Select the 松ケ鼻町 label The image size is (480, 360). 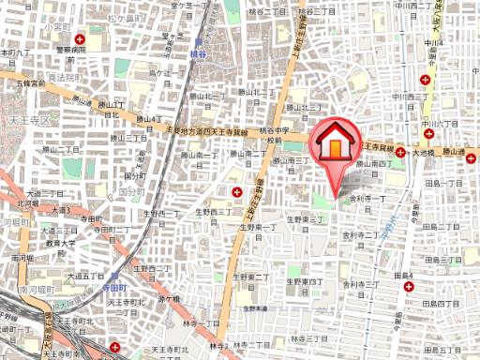120,17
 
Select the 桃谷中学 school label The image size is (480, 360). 273,136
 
